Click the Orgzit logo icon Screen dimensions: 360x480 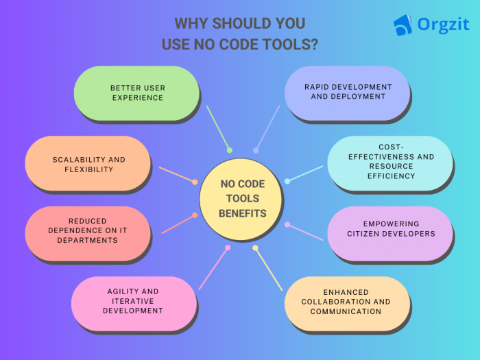403,25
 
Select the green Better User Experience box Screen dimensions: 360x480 136,93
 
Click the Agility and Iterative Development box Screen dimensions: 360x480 133,301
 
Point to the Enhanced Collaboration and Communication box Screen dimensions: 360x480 346,302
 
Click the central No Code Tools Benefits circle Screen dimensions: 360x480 242,199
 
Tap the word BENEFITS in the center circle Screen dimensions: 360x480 242,213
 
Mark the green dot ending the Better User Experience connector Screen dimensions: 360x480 230,150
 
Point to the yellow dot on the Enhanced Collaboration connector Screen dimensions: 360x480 255,248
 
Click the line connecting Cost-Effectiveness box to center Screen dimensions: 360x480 306,173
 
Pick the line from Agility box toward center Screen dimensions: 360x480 213,267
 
